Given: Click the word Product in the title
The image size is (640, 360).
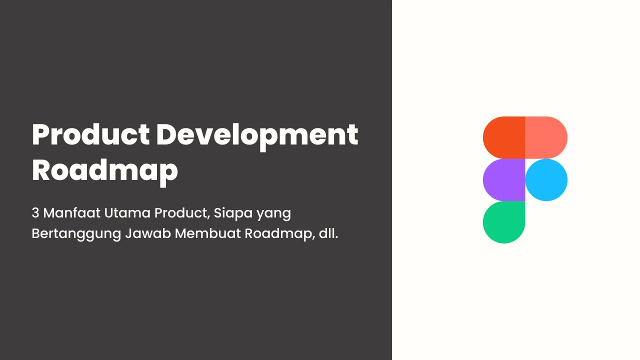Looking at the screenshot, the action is (x=90, y=135).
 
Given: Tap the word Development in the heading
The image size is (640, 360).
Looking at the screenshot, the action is (x=257, y=137).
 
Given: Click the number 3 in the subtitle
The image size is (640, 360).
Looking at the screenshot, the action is (x=35, y=213).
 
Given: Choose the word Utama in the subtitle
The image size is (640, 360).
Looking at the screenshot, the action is (x=127, y=213).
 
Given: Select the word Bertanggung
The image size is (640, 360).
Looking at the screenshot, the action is (x=76, y=234).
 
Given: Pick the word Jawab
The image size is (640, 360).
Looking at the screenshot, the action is (x=148, y=233).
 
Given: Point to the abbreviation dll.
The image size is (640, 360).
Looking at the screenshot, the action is (x=328, y=233).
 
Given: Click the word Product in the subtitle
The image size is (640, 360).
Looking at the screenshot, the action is (x=182, y=213).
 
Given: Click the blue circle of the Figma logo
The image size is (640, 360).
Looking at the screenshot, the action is (x=546, y=180).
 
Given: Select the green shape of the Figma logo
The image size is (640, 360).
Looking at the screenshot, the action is (x=503, y=222).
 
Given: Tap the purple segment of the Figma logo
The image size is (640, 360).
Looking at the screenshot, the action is (x=504, y=180).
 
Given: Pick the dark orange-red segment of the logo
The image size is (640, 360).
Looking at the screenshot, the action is (x=504, y=137).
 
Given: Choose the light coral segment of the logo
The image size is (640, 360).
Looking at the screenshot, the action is (x=546, y=137).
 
